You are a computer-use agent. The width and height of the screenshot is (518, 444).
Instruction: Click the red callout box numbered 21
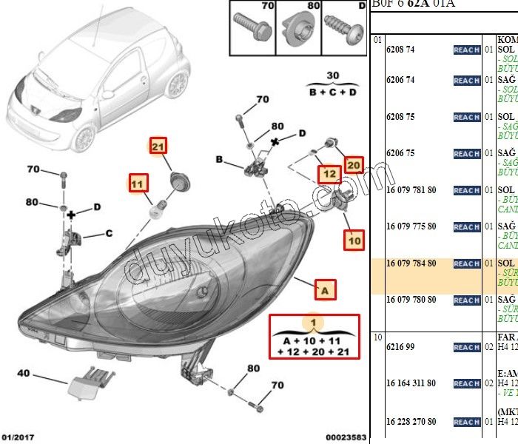click(158, 147)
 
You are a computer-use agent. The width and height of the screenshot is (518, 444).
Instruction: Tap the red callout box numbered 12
click(329, 175)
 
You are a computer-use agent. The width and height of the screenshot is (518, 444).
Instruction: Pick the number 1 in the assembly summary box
click(313, 323)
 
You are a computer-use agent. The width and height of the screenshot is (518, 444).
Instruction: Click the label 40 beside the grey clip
click(24, 373)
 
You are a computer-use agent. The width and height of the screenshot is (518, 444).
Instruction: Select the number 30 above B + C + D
click(333, 76)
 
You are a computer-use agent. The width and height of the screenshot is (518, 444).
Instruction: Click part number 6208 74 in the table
click(400, 50)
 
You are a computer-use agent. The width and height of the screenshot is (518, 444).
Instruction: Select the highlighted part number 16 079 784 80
click(411, 263)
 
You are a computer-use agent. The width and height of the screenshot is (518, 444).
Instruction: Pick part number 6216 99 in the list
click(400, 347)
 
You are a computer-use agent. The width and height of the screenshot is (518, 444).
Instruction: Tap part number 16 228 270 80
click(411, 422)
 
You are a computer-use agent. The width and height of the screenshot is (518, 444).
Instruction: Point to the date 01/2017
click(18, 437)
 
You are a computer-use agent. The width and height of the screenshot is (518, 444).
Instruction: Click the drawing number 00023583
click(345, 437)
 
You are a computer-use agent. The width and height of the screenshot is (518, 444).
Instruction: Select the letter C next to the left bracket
click(108, 234)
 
